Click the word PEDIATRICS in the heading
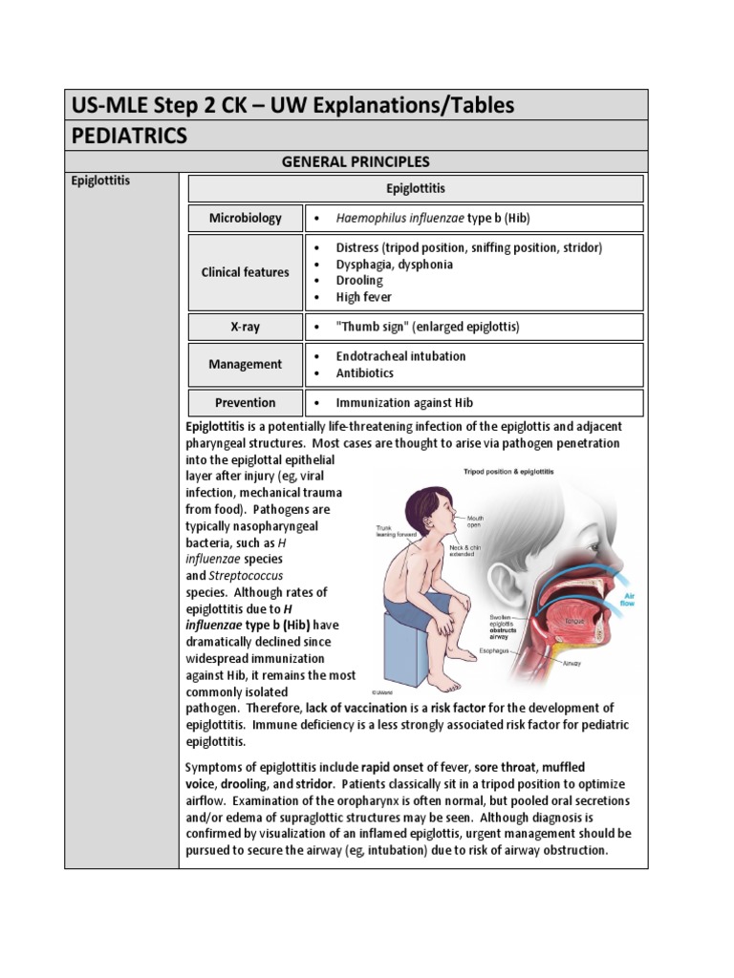[x=130, y=136]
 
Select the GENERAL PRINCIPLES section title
[x=355, y=161]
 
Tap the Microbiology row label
[x=246, y=218]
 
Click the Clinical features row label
[x=245, y=272]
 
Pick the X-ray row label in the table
[x=245, y=327]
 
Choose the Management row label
[x=246, y=364]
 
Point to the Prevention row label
[x=245, y=402]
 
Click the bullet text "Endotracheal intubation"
[x=400, y=355]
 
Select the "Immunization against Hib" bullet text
[x=404, y=402]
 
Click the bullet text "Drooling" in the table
[x=358, y=281]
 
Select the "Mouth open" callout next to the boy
[x=475, y=521]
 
